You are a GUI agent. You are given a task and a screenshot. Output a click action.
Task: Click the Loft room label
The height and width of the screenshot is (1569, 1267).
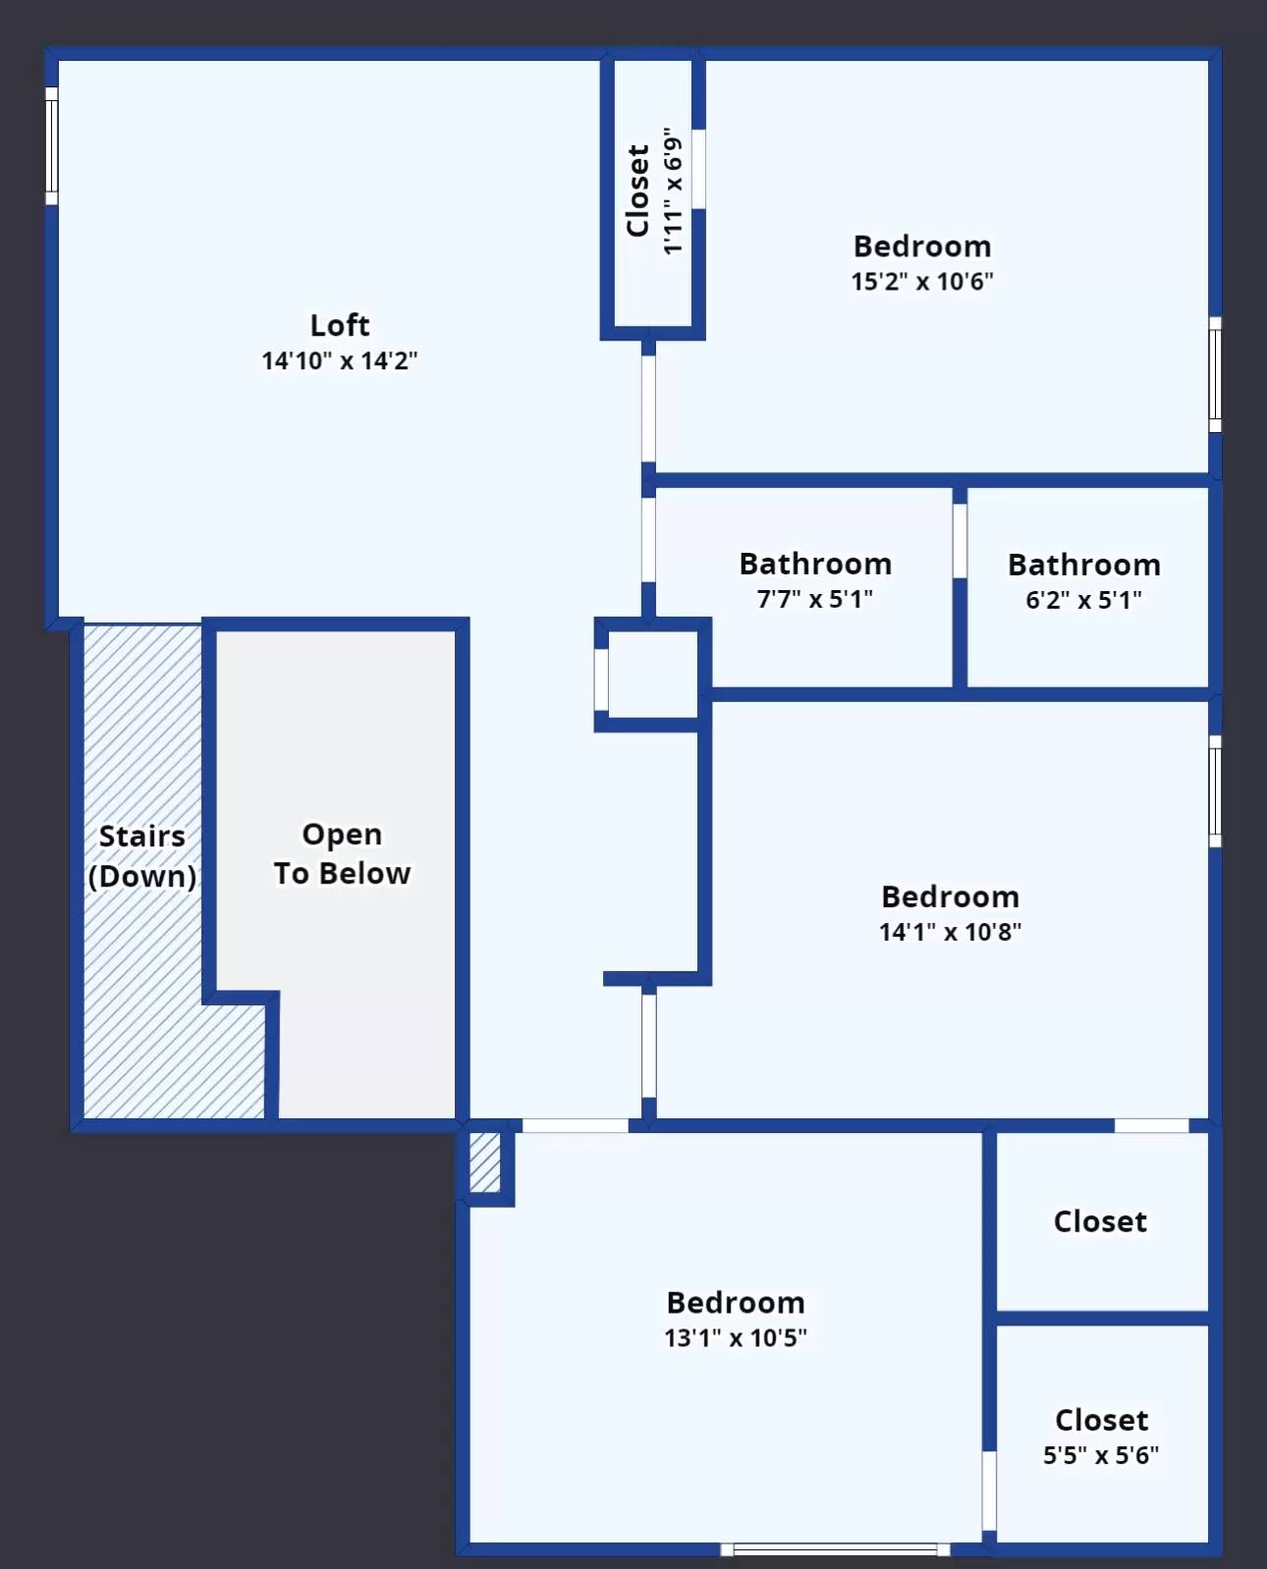point(340,325)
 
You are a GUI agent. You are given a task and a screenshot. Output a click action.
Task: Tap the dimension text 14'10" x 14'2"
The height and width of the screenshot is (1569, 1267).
point(340,361)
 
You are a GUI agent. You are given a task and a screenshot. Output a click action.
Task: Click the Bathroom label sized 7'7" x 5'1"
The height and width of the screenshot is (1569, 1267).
point(815,565)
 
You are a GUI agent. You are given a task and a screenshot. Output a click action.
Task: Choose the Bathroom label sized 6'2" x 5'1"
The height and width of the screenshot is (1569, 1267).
point(1084,565)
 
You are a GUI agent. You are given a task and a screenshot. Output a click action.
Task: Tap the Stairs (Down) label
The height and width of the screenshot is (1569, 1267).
point(142,856)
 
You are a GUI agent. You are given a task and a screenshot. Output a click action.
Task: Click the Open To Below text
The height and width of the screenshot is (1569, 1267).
point(343,854)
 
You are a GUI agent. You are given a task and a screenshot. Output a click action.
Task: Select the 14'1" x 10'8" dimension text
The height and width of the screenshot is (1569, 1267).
point(951,932)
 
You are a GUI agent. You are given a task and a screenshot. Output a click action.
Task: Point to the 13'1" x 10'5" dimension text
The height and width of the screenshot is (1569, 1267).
point(736,1337)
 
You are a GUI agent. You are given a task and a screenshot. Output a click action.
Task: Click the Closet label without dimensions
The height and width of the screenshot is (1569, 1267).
point(1100,1221)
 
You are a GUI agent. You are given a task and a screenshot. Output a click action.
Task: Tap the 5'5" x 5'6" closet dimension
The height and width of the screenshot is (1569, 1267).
point(1101,1455)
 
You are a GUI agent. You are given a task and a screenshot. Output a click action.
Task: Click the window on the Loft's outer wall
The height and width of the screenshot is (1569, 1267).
point(51,146)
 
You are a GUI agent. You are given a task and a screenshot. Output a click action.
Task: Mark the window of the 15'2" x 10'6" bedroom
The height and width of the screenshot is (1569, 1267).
point(1216,374)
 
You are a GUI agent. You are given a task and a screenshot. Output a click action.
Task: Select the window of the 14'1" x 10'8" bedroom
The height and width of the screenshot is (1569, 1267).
point(1216,791)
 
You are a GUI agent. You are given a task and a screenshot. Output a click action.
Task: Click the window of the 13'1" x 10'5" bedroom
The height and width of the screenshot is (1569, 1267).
point(835,1549)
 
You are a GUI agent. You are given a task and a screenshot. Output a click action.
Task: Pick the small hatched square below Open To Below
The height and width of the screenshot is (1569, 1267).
point(485,1163)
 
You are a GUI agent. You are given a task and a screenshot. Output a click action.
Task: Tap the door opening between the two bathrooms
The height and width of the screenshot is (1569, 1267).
point(960,541)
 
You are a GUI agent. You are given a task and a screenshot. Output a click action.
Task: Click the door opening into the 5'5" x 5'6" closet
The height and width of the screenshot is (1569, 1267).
point(989,1490)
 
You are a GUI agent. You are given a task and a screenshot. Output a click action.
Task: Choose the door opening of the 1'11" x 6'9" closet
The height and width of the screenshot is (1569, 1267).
point(698,169)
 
